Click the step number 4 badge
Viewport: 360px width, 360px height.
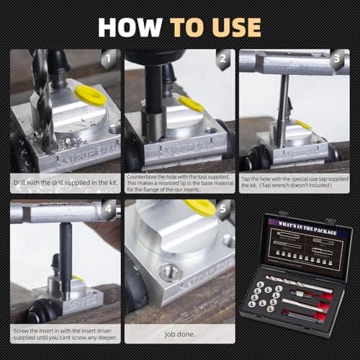pyautogui.click(x=109, y=211)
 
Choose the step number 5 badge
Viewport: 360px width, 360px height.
pyautogui.click(x=224, y=211)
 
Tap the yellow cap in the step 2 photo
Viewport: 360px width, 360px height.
pyautogui.click(x=192, y=104)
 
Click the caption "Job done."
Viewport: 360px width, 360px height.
pyautogui.click(x=180, y=333)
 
